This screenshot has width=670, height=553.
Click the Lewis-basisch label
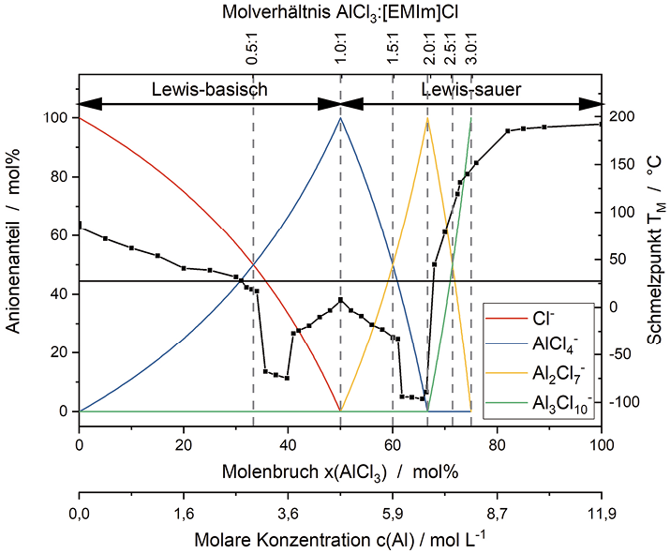pos(210,90)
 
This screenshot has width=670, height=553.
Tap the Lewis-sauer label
pos(471,90)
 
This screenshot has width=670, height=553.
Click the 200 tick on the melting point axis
pos(621,116)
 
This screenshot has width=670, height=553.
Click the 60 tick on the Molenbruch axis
pos(393,444)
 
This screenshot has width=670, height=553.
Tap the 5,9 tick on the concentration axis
pos(393,515)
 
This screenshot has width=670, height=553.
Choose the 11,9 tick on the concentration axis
pos(602,515)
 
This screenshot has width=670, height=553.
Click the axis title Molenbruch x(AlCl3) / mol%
pos(340,472)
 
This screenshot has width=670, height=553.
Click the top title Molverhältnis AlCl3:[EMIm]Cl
pos(340,12)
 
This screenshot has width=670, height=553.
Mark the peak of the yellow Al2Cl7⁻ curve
pos(427,118)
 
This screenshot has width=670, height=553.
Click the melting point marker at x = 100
pos(601,124)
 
